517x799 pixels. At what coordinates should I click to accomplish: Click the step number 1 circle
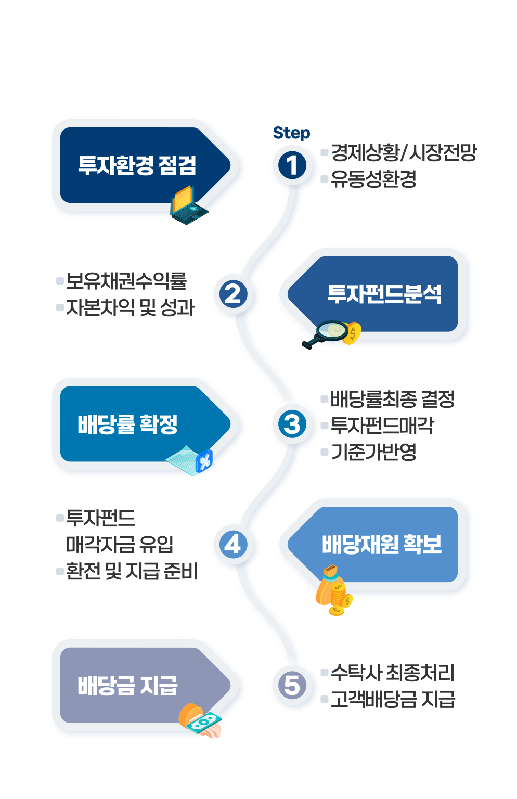(x=292, y=165)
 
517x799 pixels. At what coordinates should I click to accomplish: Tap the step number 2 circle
(x=232, y=294)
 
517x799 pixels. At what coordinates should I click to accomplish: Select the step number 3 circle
(x=292, y=424)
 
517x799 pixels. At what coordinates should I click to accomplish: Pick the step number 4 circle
(x=232, y=545)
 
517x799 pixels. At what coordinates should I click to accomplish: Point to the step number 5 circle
(x=292, y=685)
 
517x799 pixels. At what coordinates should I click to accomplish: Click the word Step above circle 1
(x=291, y=133)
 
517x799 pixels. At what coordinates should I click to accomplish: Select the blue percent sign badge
(x=204, y=461)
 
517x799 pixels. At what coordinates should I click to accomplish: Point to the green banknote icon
(x=204, y=722)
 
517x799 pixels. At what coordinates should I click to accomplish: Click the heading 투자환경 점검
(x=137, y=165)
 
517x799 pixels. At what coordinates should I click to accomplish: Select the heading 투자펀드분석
(x=384, y=294)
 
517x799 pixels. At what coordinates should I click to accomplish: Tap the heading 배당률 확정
(x=127, y=424)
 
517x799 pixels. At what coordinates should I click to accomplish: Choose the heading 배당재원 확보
(x=381, y=545)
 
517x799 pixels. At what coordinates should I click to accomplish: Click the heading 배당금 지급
(x=127, y=685)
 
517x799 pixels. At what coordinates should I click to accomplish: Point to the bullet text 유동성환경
(x=373, y=179)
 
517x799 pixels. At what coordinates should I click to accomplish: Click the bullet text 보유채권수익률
(x=126, y=281)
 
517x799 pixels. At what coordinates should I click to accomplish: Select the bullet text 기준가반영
(x=373, y=452)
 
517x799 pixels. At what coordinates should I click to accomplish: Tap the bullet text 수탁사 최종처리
(x=392, y=673)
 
